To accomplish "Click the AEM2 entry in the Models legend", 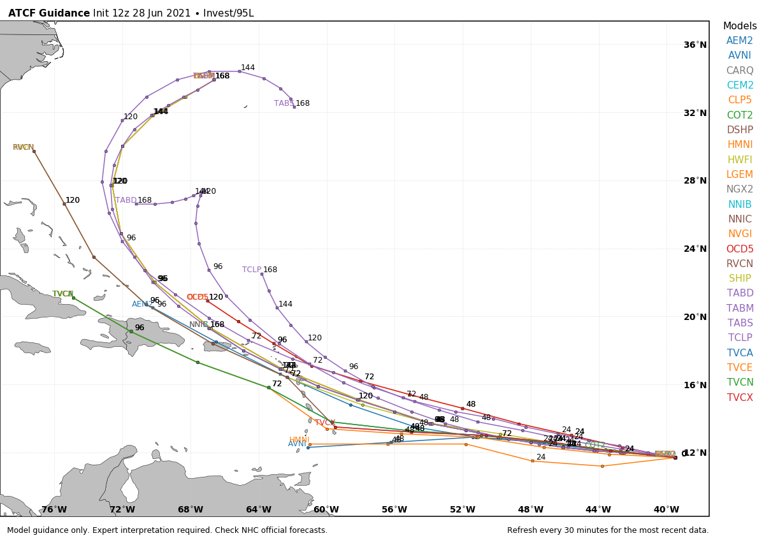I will pyautogui.click(x=740, y=41).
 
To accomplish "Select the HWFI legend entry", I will pyautogui.click(x=740, y=160).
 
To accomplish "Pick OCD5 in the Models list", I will pyautogui.click(x=740, y=249).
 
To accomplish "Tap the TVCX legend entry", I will pyautogui.click(x=740, y=398).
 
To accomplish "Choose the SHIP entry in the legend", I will pyautogui.click(x=740, y=279).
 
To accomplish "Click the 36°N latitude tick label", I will pyautogui.click(x=695, y=45).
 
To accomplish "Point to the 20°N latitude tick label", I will pyautogui.click(x=695, y=317).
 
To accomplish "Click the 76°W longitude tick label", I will pyautogui.click(x=54, y=509).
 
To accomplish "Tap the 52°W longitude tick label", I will pyautogui.click(x=463, y=509).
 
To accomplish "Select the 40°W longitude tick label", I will pyautogui.click(x=667, y=509).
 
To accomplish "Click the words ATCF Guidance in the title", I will pyautogui.click(x=49, y=13).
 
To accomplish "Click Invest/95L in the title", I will pyautogui.click(x=228, y=13).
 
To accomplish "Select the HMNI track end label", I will pyautogui.click(x=299, y=440).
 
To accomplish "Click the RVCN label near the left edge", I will pyautogui.click(x=23, y=147).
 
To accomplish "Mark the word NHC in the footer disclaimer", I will pyautogui.click(x=252, y=530).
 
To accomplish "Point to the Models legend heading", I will pyautogui.click(x=740, y=26).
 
